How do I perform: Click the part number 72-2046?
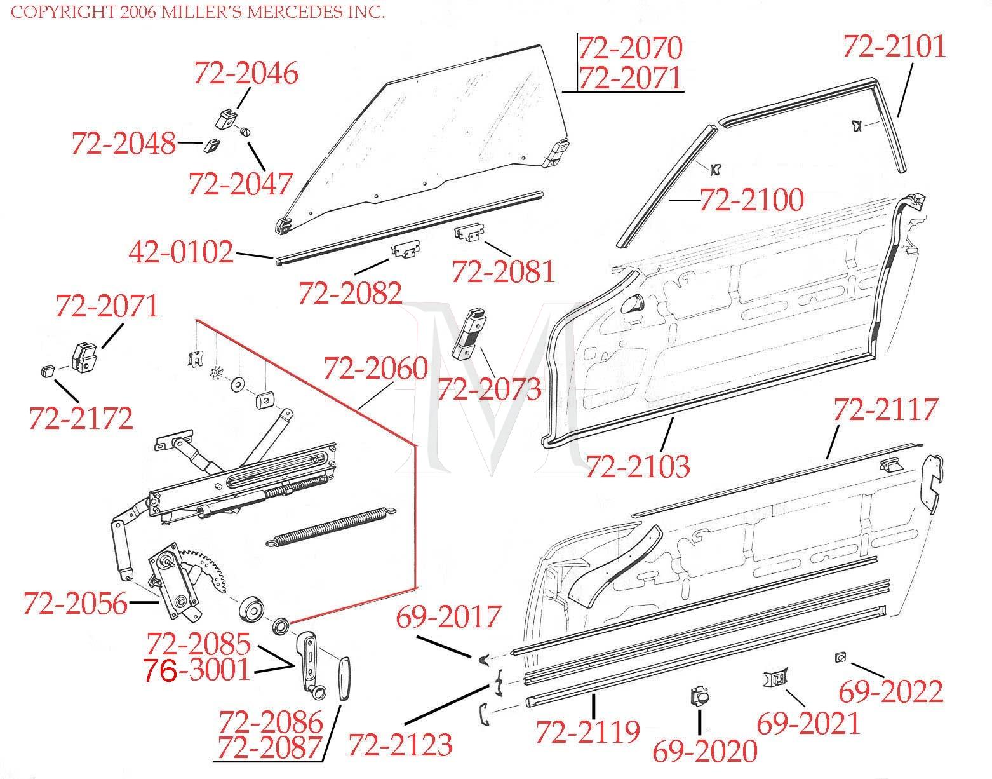click(x=246, y=74)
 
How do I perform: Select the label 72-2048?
click(x=123, y=144)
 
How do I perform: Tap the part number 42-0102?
click(x=181, y=253)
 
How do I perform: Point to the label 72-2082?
click(x=350, y=293)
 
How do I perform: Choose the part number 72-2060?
click(x=375, y=369)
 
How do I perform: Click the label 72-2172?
click(x=81, y=418)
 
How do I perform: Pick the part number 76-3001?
click(x=197, y=670)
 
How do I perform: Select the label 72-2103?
click(x=637, y=466)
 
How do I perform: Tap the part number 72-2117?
click(x=885, y=410)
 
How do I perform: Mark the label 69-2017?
click(x=449, y=617)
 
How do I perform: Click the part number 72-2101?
click(x=894, y=47)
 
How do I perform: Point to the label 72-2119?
click(x=587, y=731)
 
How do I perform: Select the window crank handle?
click(x=309, y=664)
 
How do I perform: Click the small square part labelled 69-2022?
click(x=840, y=658)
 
